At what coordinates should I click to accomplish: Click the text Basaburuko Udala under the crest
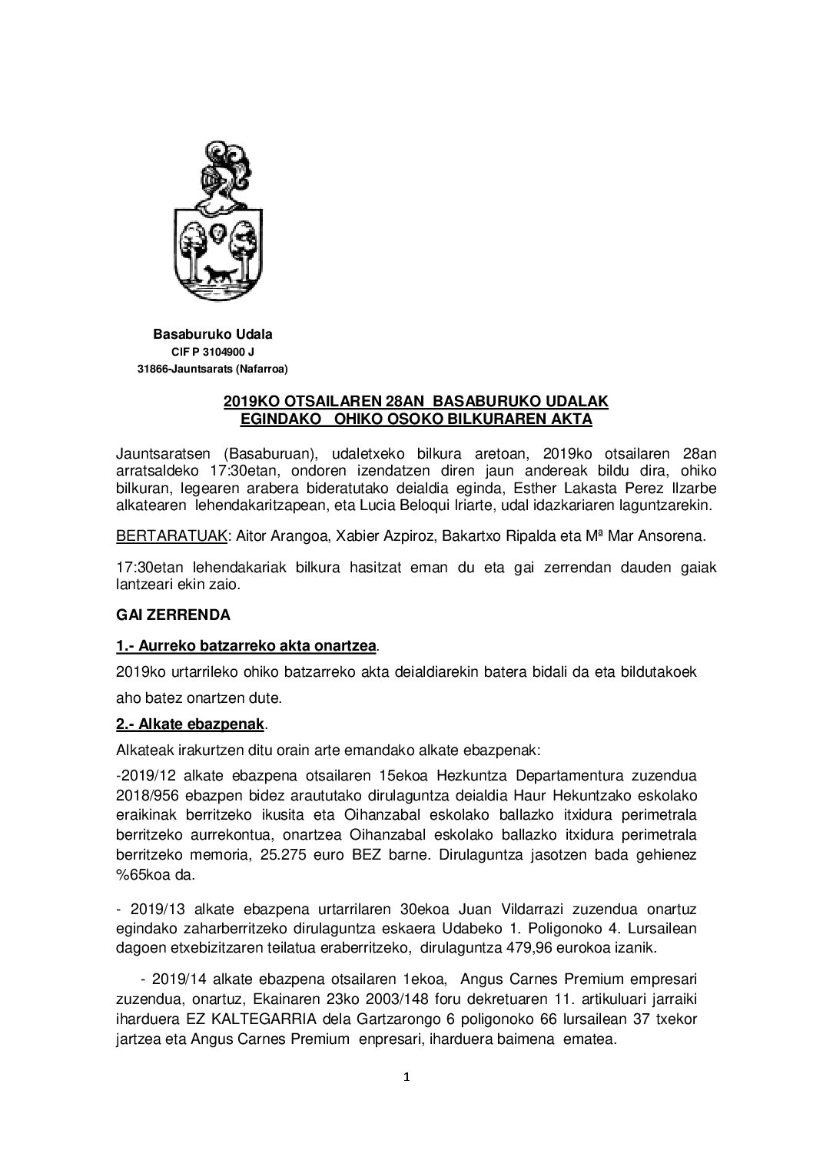213,335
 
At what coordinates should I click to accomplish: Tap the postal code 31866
151,370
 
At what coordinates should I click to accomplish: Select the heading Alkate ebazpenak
191,724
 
